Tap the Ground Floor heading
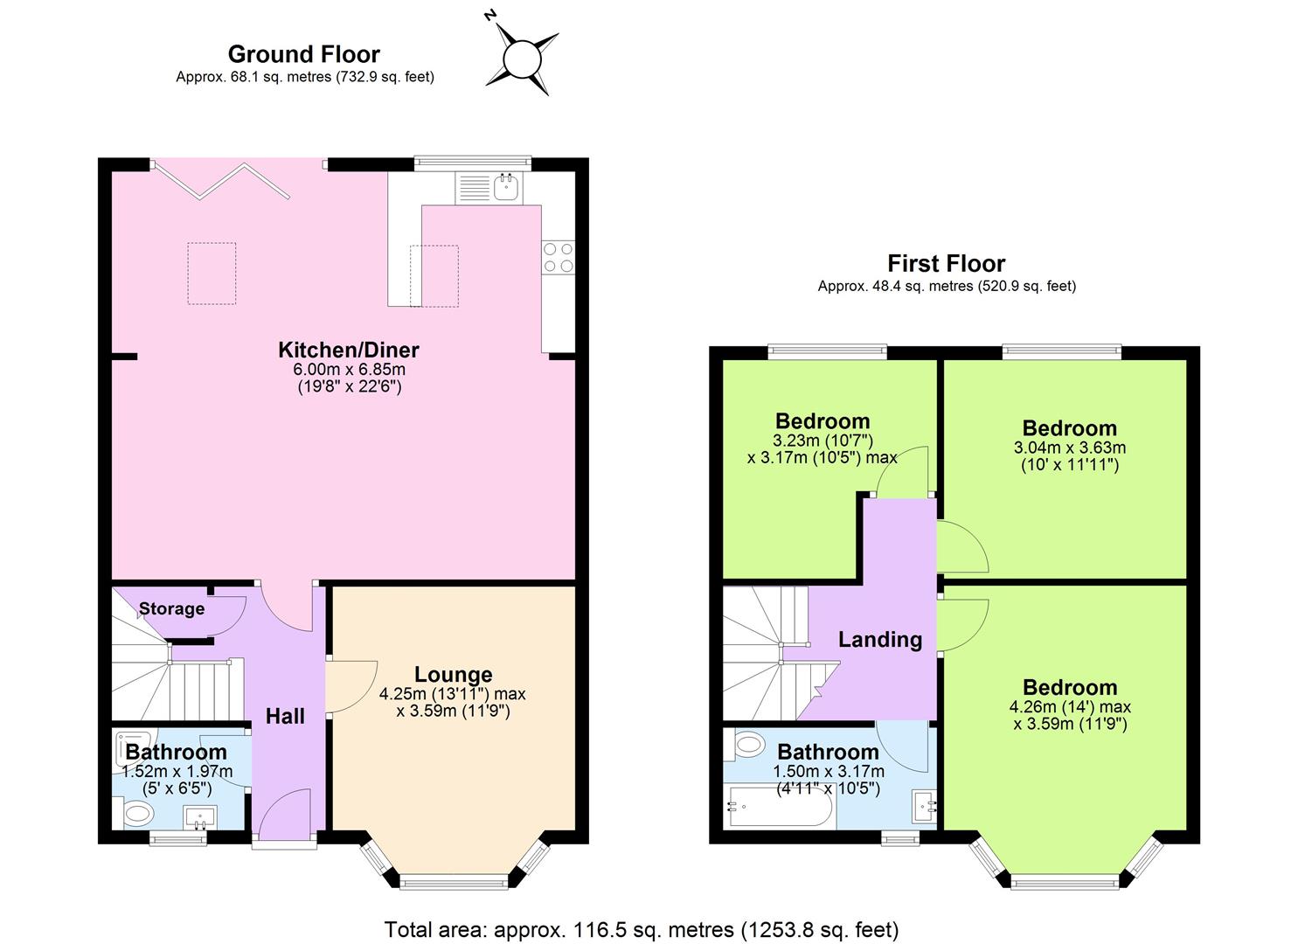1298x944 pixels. click(x=303, y=54)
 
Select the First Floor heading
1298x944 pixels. click(x=946, y=263)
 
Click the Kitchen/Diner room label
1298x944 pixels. click(x=348, y=350)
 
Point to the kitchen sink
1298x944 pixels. click(x=505, y=186)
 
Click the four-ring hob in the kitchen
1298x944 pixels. click(x=559, y=257)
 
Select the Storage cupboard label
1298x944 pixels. click(x=171, y=608)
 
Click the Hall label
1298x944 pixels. click(x=285, y=717)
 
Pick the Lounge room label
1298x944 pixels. click(x=453, y=674)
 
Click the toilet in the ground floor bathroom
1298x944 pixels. click(x=137, y=815)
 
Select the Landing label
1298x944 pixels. click(x=879, y=640)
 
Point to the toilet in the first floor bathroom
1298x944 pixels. click(x=748, y=746)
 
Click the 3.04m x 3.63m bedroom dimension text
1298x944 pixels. click(x=1069, y=448)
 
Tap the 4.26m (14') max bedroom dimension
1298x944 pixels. click(x=1069, y=707)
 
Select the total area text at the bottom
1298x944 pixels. click(x=641, y=929)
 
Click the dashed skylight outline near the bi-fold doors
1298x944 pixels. click(x=212, y=274)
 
